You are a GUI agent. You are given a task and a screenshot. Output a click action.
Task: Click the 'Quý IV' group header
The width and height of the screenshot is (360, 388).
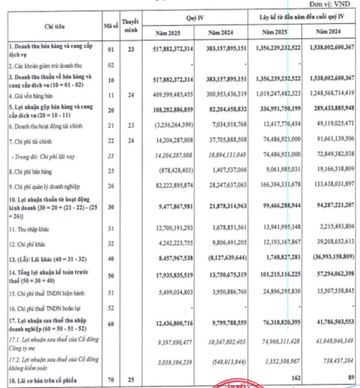pyautogui.click(x=196, y=18)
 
